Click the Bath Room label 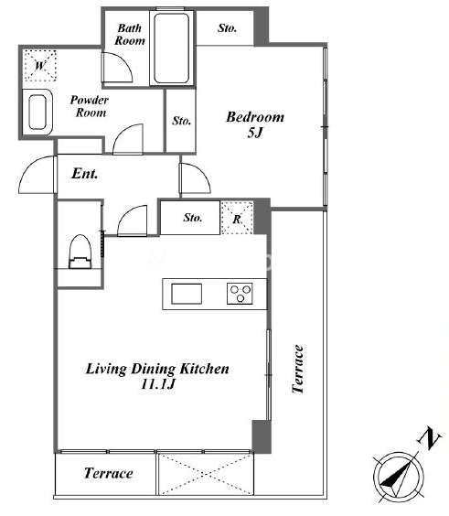point(130,34)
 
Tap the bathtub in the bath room point(171,48)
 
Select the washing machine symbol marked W point(40,66)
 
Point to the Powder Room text point(89,106)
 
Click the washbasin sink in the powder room point(37,112)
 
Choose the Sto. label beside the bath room point(227,28)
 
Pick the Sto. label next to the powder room point(182,121)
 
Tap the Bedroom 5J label point(255,124)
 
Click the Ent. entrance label point(84,174)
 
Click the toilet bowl point(80,252)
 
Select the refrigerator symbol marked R point(237,218)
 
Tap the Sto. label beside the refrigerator point(193,218)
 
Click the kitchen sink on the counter point(187,294)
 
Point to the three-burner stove point(240,294)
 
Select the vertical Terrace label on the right point(298,369)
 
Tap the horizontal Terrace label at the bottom point(109,473)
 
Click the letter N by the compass point(429,438)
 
